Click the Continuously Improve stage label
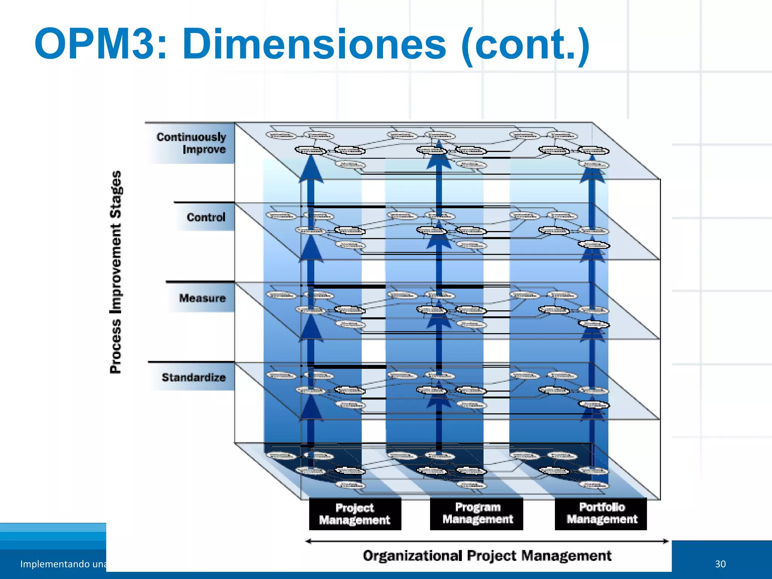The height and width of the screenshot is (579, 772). point(191,143)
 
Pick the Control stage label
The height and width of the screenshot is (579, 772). point(206,217)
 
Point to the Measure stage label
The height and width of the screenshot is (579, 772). point(202,298)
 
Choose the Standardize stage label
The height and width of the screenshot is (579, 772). point(193,377)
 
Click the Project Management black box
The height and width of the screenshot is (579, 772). point(355,514)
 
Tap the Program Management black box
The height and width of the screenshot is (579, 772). point(477,513)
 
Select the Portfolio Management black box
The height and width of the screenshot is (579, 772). point(601,513)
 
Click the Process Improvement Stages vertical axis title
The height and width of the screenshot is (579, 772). point(116,272)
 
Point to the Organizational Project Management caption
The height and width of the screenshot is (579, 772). point(487,556)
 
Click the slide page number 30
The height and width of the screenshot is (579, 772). point(720,564)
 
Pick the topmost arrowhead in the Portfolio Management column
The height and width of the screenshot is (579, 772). point(593,170)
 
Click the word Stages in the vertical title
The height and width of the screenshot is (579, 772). point(116,195)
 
